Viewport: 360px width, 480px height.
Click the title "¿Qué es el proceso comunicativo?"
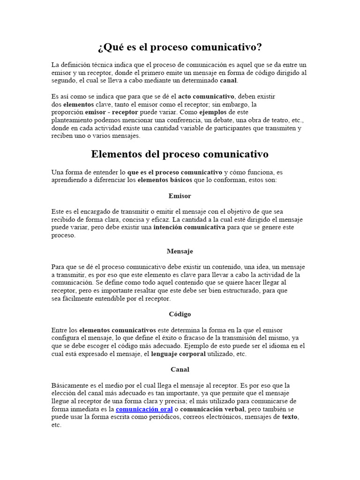(180, 47)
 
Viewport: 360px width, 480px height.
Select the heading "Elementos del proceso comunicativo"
(180, 154)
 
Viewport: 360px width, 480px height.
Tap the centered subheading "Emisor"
(180, 196)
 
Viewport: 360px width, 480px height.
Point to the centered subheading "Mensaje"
(180, 251)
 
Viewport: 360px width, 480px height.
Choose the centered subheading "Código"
(180, 314)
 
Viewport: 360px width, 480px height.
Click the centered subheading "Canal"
(180, 369)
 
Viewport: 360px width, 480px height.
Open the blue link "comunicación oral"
(144, 409)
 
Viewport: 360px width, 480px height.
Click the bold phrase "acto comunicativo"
(206, 97)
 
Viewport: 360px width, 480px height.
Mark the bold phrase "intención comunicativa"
(189, 227)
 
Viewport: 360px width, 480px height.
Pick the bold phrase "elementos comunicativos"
(117, 330)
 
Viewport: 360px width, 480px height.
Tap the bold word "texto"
(290, 417)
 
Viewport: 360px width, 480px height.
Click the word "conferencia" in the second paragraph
(179, 120)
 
